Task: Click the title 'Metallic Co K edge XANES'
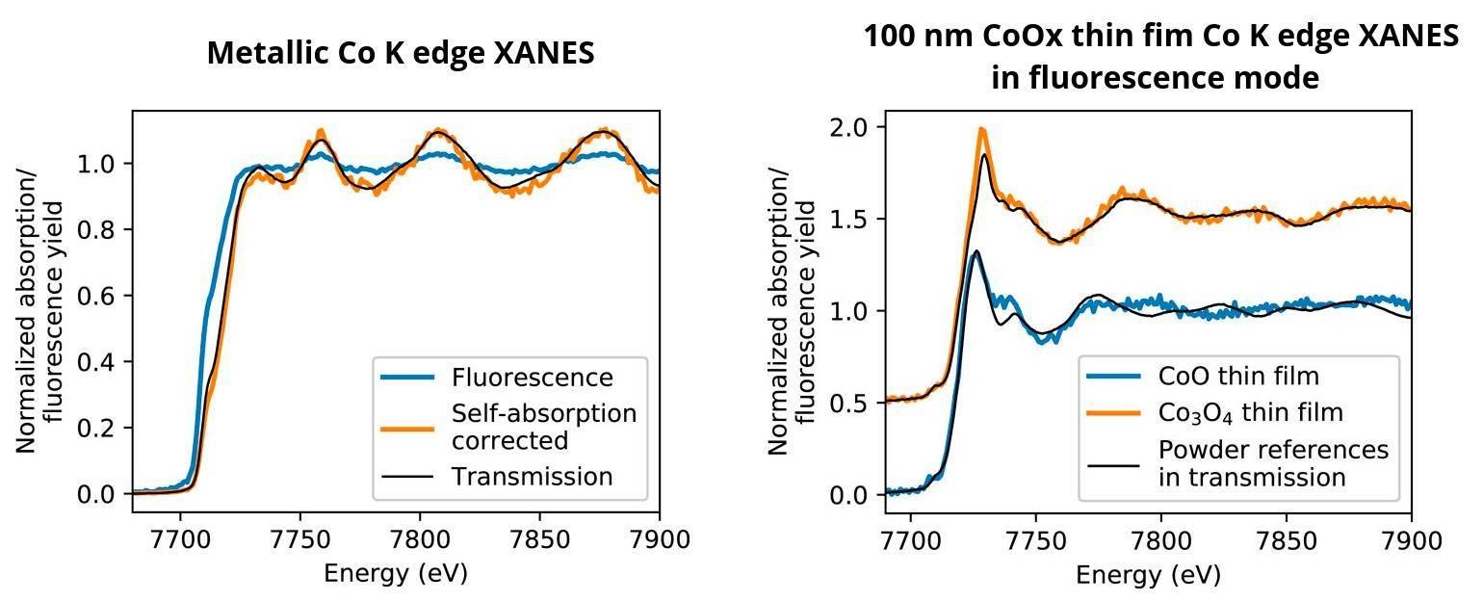pos(400,53)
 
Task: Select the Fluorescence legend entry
pos(532,378)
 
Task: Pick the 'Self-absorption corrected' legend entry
pos(544,427)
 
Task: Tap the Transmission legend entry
pos(532,477)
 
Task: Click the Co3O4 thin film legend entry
pos(1250,413)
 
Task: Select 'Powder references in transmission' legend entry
pos(1273,463)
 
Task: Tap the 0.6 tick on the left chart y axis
pos(101,296)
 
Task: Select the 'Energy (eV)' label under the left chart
pos(395,574)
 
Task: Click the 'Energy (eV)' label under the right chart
pos(1147,575)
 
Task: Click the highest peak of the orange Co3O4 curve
pos(981,129)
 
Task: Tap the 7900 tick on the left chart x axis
pos(660,539)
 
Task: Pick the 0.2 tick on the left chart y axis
pos(101,428)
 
